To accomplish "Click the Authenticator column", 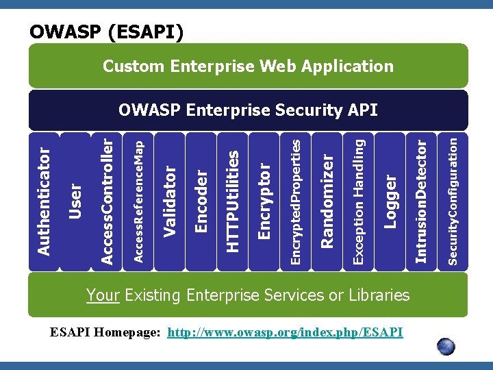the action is point(44,201).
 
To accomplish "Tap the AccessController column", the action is point(107,201).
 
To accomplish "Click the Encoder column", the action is point(201,201).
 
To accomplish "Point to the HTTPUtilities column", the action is point(233,201).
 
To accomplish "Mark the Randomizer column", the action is point(327,201).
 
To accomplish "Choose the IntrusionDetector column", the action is point(422,201).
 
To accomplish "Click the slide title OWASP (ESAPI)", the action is point(106,32).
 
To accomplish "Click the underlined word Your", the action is point(103,295).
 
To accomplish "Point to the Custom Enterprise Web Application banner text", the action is point(248,66).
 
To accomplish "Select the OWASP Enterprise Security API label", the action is point(248,110).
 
